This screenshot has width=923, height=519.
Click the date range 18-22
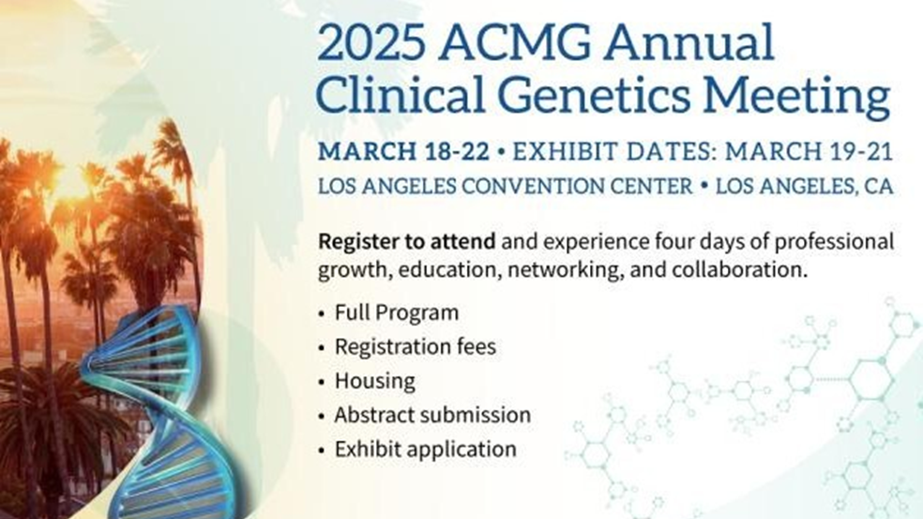456,152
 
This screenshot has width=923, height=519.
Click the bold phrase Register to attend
407,242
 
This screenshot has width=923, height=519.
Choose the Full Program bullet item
396,313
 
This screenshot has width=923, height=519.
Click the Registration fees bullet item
415,346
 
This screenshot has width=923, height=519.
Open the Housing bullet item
374,381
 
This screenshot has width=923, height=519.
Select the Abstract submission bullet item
432,416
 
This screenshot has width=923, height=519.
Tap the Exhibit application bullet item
425,450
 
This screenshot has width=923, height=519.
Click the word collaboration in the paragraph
738,270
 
